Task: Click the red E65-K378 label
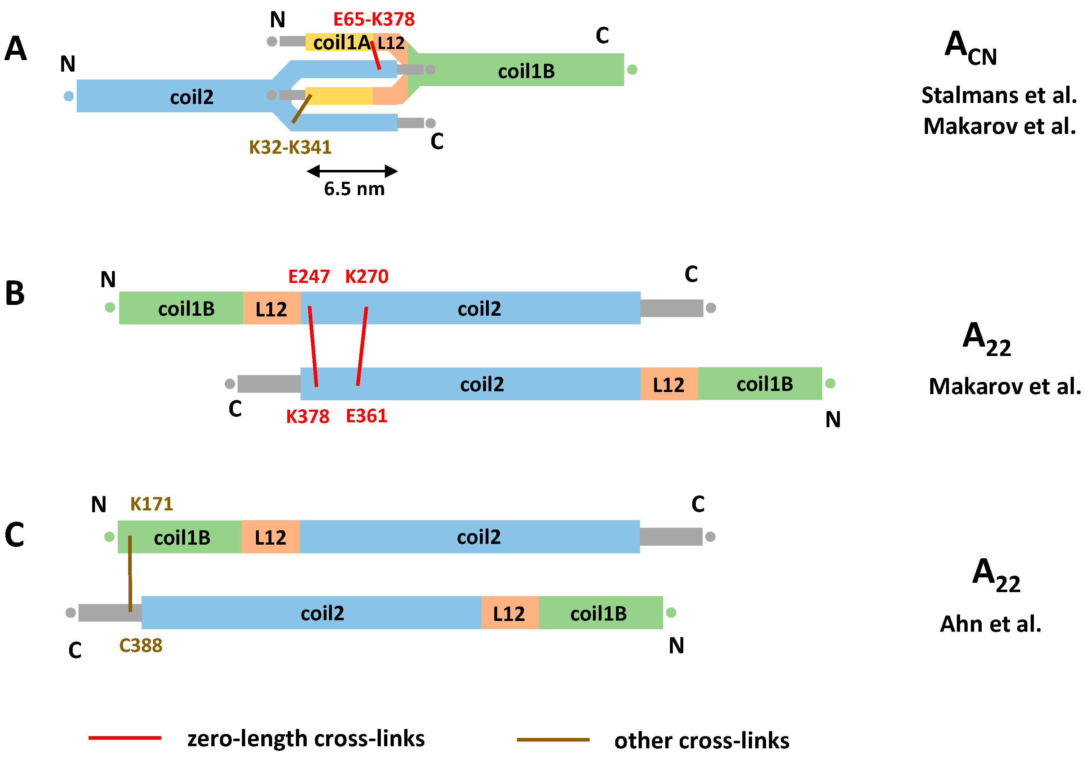(x=374, y=19)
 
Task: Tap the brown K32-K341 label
(x=290, y=148)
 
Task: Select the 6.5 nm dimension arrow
(x=352, y=171)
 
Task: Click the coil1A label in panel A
(x=341, y=42)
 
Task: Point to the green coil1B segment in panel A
(x=526, y=71)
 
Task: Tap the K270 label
(x=367, y=276)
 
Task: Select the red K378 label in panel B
(x=308, y=417)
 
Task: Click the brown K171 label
(x=152, y=504)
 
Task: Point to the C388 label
(x=141, y=645)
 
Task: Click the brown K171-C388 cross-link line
(x=130, y=574)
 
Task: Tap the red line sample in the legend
(x=125, y=738)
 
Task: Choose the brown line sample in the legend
(x=553, y=739)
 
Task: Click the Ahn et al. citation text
(x=990, y=624)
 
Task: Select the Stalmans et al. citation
(x=999, y=95)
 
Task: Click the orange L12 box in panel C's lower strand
(x=509, y=613)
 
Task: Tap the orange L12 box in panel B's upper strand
(x=271, y=308)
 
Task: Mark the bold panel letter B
(x=15, y=293)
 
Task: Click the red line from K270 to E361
(x=362, y=346)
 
